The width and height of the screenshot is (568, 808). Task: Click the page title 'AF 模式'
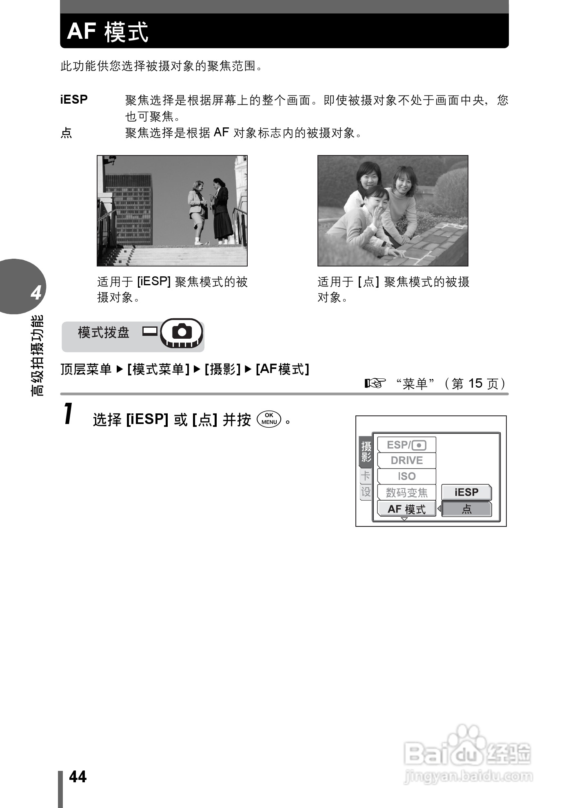108,31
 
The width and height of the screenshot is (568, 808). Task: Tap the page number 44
78,777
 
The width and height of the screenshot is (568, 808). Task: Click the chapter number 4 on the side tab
36,293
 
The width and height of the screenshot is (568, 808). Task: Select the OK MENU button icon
269,419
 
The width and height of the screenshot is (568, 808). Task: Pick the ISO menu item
406,476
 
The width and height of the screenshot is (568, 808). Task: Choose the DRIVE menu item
406,460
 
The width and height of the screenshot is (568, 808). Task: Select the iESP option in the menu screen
466,492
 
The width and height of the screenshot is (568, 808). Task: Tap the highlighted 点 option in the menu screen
466,509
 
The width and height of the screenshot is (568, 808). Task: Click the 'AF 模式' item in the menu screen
406,509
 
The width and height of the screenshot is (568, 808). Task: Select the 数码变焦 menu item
406,493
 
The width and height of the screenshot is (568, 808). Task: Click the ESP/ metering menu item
406,445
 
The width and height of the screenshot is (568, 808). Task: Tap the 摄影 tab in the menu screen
366,451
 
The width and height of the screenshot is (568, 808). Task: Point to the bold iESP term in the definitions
74,100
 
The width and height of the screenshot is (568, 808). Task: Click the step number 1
69,413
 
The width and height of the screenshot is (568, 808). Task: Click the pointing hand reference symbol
375,383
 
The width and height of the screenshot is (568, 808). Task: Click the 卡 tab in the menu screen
366,475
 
